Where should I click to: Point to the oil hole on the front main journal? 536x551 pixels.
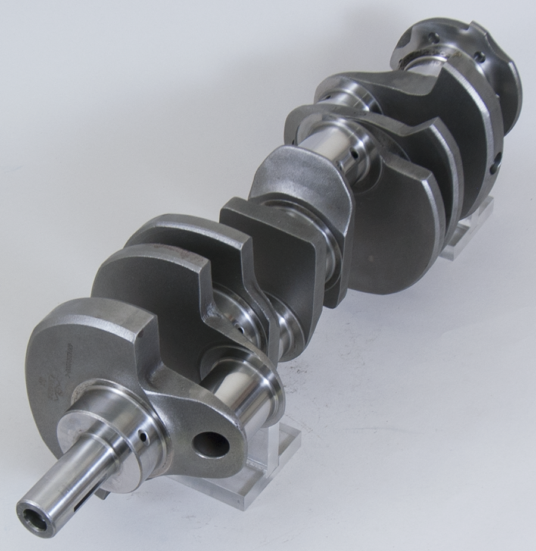pyautogui.click(x=143, y=437)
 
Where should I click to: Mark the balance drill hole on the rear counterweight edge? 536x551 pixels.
pyautogui.click(x=494, y=163)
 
